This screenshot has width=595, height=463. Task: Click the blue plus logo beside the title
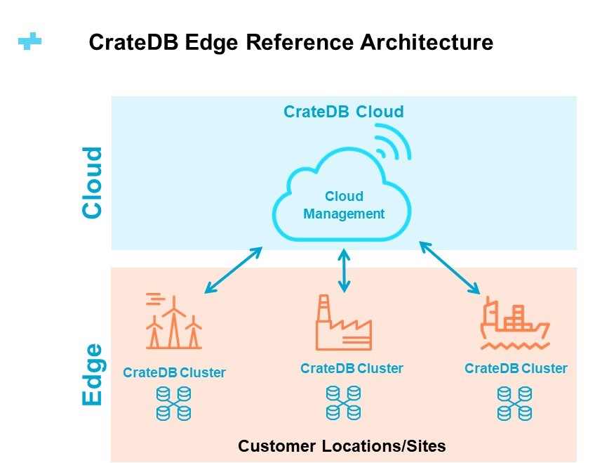pos(29,41)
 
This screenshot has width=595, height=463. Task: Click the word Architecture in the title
pos(427,41)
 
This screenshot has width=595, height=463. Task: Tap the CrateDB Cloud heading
pos(344,112)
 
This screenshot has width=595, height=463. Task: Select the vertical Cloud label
pos(92,183)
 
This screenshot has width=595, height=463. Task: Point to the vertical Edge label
pos(93,375)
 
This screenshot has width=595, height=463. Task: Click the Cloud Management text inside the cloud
pos(345,204)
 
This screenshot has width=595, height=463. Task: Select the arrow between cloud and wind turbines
pos(234,270)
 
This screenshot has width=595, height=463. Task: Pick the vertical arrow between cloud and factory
pos(345,270)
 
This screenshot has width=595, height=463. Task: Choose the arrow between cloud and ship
pos(450,268)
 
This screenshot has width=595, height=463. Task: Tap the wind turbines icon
pos(174,322)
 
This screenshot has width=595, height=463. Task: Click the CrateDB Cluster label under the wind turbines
pos(174,372)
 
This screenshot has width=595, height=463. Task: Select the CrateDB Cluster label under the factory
pos(352,368)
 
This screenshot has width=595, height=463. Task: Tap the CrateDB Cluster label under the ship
pos(516,368)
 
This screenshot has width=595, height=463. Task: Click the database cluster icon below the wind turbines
pos(174,403)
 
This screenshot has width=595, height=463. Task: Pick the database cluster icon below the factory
pos(344,403)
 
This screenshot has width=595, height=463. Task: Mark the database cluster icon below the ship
pos(515,403)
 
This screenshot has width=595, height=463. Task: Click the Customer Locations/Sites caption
pos(342,446)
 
